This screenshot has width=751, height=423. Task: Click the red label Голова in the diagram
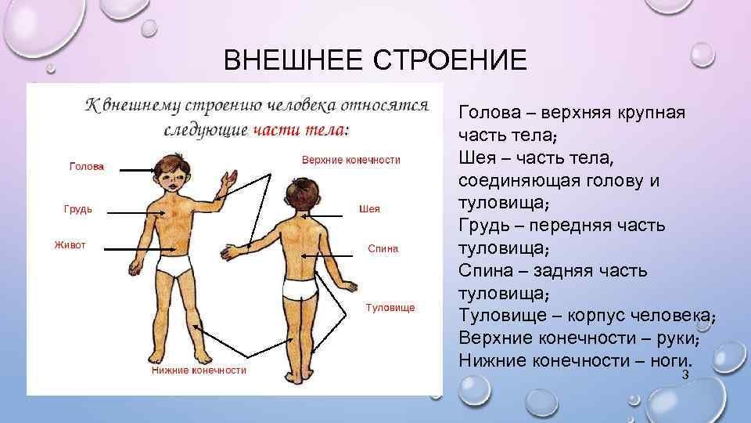[x=87, y=166]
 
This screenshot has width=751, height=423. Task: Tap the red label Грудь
[x=78, y=209]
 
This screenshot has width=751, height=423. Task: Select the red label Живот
[x=70, y=245]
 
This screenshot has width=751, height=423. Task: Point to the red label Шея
[x=369, y=208]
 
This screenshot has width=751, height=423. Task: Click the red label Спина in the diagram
[x=383, y=248]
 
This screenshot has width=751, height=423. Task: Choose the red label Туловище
[x=390, y=308]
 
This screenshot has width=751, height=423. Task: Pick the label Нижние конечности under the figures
[x=199, y=371]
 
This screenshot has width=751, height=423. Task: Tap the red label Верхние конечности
[x=351, y=160]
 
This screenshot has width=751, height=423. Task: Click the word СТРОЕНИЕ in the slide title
[x=450, y=60]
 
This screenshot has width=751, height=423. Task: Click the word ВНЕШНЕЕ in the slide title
[x=293, y=60]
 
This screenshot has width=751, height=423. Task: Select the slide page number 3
[x=685, y=374]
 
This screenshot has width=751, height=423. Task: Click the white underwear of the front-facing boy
[x=174, y=266]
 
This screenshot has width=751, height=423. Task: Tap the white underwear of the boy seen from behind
[x=300, y=289]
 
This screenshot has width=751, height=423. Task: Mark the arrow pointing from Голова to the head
[x=138, y=170]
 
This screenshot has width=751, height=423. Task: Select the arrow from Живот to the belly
[x=140, y=249]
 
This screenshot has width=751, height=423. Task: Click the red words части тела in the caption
[x=299, y=130]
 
